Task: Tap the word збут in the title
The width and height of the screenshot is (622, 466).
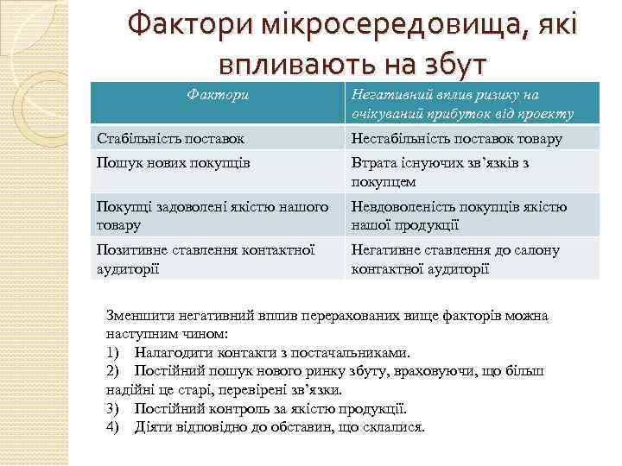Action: (444, 63)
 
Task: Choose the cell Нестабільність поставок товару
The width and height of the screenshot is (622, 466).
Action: (457, 138)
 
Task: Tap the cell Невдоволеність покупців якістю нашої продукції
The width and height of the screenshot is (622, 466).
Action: (459, 216)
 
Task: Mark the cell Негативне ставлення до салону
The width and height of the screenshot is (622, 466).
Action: (454, 259)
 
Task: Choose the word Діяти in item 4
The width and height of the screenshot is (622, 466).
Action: (151, 427)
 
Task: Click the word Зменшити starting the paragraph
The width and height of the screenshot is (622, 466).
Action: (135, 315)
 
